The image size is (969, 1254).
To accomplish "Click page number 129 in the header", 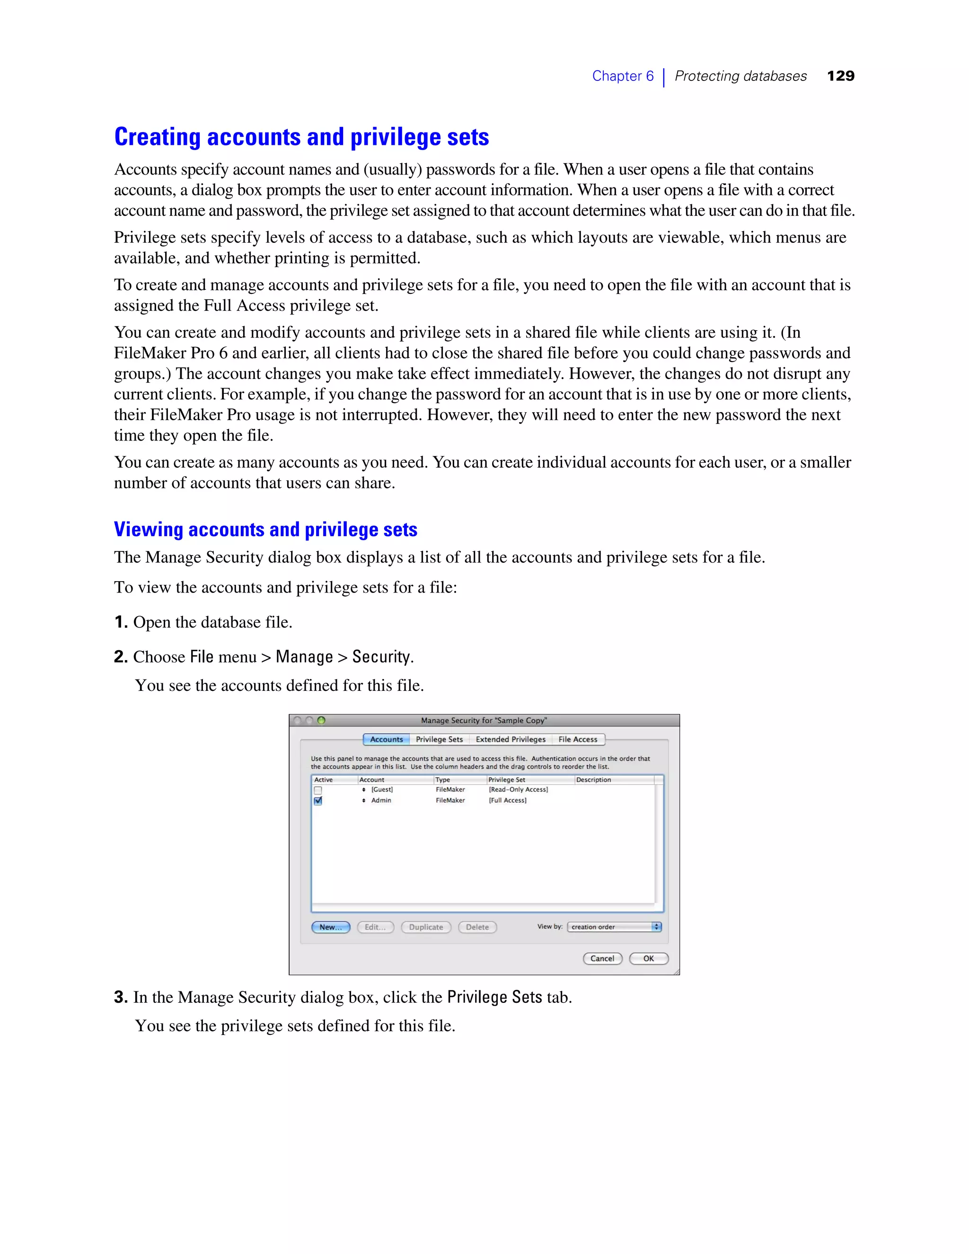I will (x=840, y=76).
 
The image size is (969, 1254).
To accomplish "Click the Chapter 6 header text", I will (x=622, y=76).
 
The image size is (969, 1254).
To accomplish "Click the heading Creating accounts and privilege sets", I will (x=301, y=137).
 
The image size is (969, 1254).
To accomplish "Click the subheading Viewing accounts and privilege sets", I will (x=265, y=530).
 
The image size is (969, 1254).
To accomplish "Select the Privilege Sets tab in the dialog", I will (x=439, y=740).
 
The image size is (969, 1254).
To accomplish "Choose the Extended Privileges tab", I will (x=511, y=740).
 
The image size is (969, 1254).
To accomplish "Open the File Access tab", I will (x=578, y=740).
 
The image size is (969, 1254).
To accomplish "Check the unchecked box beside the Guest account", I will (x=318, y=791).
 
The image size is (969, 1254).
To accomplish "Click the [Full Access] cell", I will (x=508, y=800).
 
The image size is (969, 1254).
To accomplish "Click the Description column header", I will (x=594, y=780).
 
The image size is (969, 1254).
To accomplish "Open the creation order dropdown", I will (x=614, y=927).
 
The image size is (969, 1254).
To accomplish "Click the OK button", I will (x=649, y=958).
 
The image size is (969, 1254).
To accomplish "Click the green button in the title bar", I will (x=321, y=721).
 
